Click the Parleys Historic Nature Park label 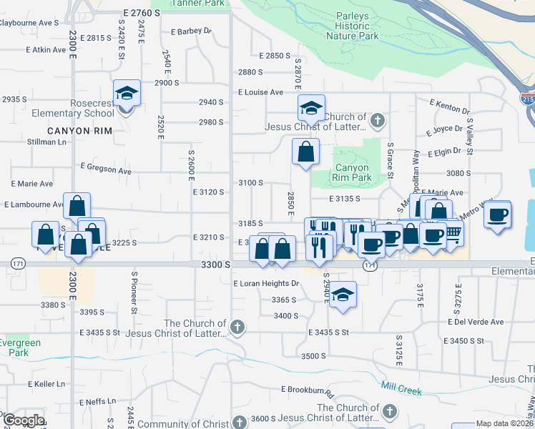click(x=352, y=26)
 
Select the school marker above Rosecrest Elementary click(x=127, y=94)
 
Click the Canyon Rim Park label click(x=352, y=172)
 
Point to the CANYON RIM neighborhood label click(x=79, y=131)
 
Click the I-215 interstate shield click(x=528, y=99)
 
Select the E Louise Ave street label click(x=261, y=92)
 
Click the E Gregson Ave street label click(x=106, y=169)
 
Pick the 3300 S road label click(x=216, y=265)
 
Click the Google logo click(x=24, y=420)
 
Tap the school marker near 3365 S click(x=343, y=295)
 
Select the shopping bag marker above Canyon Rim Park click(x=305, y=152)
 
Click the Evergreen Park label click(x=20, y=347)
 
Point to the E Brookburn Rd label click(x=308, y=391)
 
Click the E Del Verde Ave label click(x=478, y=322)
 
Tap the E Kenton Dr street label click(x=449, y=107)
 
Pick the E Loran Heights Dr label click(x=265, y=283)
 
